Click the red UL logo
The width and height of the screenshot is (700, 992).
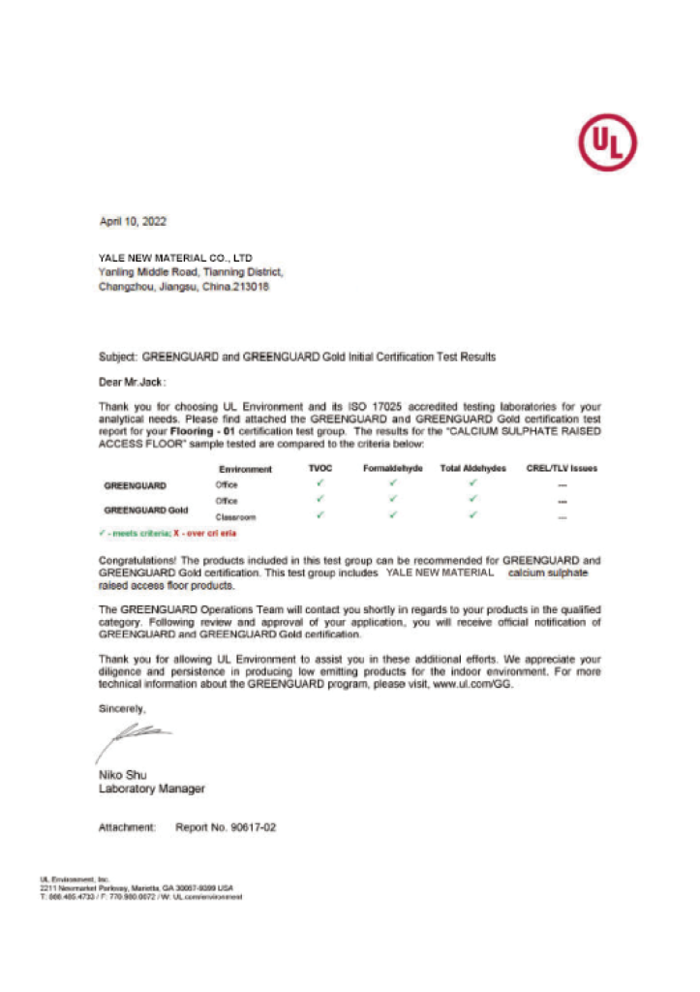point(607,143)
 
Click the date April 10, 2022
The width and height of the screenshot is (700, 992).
point(134,222)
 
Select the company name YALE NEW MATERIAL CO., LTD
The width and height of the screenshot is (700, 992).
point(175,259)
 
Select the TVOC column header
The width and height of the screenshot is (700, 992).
point(320,469)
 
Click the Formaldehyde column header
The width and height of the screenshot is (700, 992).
point(393,469)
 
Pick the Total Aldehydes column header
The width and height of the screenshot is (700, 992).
point(473,469)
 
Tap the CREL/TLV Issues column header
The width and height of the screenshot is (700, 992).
point(562,469)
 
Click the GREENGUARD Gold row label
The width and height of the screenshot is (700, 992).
point(146,509)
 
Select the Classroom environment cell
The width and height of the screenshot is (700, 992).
point(235,517)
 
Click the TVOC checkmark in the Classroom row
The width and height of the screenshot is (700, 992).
point(320,515)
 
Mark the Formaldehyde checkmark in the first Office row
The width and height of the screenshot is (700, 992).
point(393,482)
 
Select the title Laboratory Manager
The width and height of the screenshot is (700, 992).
point(152,789)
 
